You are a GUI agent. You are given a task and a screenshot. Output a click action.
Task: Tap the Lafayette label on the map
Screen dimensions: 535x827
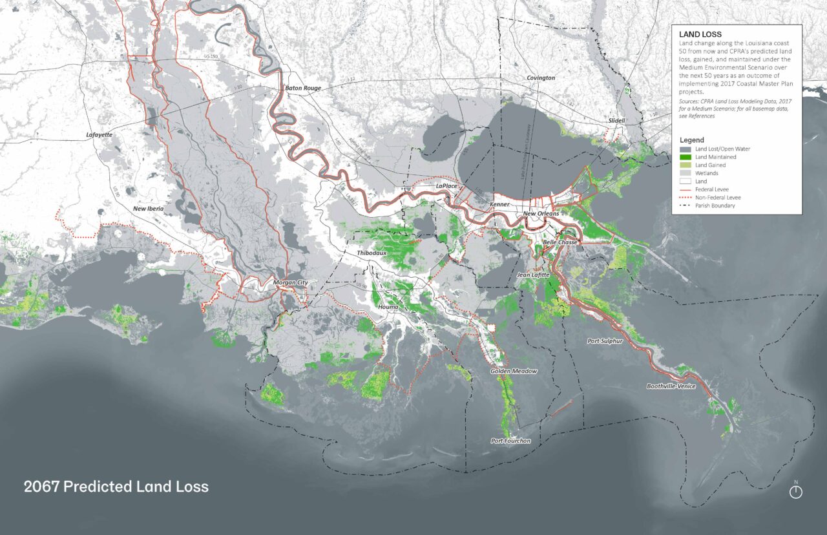(99, 135)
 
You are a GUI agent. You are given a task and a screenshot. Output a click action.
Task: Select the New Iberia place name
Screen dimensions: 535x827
(149, 209)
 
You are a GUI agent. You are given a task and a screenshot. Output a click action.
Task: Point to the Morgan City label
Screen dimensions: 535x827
(291, 283)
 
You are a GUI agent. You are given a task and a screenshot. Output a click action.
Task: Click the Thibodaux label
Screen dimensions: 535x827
(372, 253)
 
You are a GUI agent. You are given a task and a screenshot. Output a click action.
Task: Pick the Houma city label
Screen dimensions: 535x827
(390, 307)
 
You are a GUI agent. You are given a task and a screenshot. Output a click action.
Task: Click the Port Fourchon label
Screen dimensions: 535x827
(510, 441)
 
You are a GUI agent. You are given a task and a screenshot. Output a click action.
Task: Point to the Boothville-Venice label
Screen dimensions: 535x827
(673, 386)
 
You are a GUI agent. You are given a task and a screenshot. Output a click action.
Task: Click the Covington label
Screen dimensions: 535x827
(541, 78)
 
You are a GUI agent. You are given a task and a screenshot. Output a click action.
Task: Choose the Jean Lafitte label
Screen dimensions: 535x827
(533, 275)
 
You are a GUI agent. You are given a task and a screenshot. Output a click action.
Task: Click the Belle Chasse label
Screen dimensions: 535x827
(559, 242)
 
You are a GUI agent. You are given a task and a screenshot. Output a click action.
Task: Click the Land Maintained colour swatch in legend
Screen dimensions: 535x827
(685, 157)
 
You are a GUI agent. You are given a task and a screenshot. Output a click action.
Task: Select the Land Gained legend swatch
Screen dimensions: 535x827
(685, 165)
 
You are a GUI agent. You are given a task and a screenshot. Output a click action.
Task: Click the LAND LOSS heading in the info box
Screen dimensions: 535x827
(700, 34)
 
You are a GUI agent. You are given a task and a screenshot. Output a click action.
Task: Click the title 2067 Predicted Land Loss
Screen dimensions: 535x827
(116, 487)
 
